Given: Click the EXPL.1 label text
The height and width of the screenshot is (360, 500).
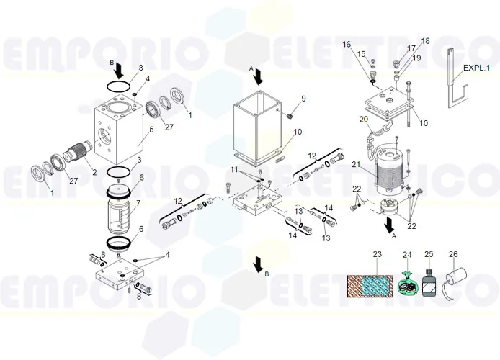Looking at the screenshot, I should pos(476,68).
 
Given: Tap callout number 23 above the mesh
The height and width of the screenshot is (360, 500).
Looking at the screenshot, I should pos(376,254).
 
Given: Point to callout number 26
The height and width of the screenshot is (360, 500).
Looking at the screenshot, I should pos(452,254).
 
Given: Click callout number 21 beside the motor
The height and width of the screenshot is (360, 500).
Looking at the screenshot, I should pos(354,165).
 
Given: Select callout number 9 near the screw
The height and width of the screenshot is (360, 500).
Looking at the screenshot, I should pos(303,99).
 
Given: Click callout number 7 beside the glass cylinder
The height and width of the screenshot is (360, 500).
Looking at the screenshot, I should pos(148,204).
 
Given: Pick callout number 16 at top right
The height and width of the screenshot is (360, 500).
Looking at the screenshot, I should pos(347,45).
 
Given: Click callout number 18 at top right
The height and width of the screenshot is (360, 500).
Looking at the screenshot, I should pos(424,40).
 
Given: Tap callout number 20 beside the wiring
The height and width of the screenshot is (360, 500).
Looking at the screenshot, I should pos(363,119).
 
